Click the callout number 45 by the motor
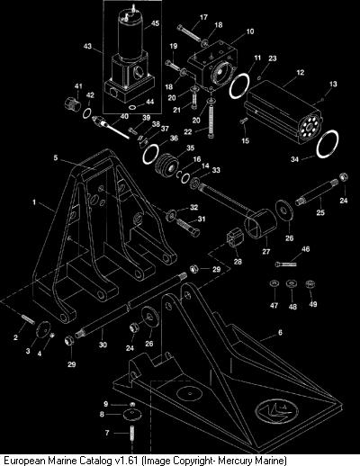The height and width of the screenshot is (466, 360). tap(155, 23)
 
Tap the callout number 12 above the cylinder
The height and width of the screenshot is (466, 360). tap(300, 72)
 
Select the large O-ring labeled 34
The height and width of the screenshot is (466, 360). tap(328, 143)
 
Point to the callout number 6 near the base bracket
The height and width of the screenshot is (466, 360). tap(280, 332)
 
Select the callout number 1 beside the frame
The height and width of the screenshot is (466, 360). tap(34, 202)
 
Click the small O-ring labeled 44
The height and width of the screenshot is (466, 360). tap(133, 107)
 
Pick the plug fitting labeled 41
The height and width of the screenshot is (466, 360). tap(72, 103)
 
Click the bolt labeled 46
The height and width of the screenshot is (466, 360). tap(285, 264)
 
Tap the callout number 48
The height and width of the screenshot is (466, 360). tap(292, 307)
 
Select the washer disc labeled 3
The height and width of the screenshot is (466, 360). tap(43, 329)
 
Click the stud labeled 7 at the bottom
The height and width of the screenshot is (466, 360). tap(132, 435)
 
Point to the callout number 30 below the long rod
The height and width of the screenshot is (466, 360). tap(103, 345)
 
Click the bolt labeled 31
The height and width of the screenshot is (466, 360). tap(188, 228)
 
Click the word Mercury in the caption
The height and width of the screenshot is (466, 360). tap(236, 461)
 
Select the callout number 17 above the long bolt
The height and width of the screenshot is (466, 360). tap(203, 17)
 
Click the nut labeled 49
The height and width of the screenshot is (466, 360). tap(310, 283)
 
